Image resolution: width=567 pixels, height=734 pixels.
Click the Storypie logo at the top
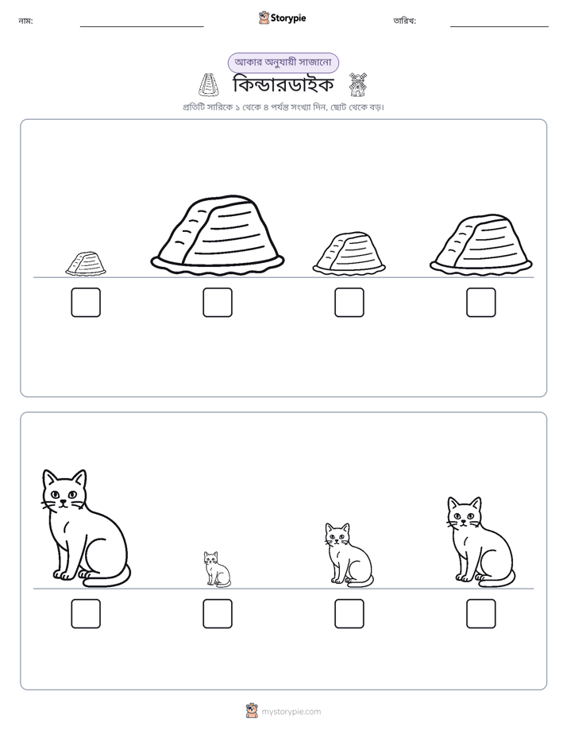click(x=283, y=17)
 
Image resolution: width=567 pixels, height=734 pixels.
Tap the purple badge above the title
click(x=283, y=63)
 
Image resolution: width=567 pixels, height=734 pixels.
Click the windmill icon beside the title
click(x=358, y=85)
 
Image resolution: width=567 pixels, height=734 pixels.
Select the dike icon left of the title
click(x=208, y=85)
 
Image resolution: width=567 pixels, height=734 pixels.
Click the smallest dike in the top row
click(x=86, y=264)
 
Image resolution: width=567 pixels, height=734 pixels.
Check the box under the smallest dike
click(x=86, y=303)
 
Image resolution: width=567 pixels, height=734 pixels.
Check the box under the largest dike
click(x=218, y=303)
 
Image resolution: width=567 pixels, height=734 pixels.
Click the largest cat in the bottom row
click(x=85, y=528)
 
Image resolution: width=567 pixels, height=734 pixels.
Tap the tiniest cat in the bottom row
click(x=217, y=569)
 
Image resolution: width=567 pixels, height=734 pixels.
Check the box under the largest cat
click(x=86, y=614)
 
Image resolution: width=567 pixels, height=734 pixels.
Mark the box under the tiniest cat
click(x=218, y=614)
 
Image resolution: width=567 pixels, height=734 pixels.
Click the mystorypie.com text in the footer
click(x=291, y=712)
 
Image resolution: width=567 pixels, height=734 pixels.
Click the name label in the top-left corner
click(x=25, y=21)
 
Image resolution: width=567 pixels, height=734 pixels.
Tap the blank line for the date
click(x=499, y=27)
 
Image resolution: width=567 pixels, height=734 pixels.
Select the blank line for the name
click(x=141, y=27)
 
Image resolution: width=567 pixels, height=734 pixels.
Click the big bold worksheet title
click(x=283, y=85)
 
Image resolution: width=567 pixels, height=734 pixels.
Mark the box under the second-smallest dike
click(x=349, y=303)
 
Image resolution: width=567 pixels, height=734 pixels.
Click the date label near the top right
click(x=405, y=21)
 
